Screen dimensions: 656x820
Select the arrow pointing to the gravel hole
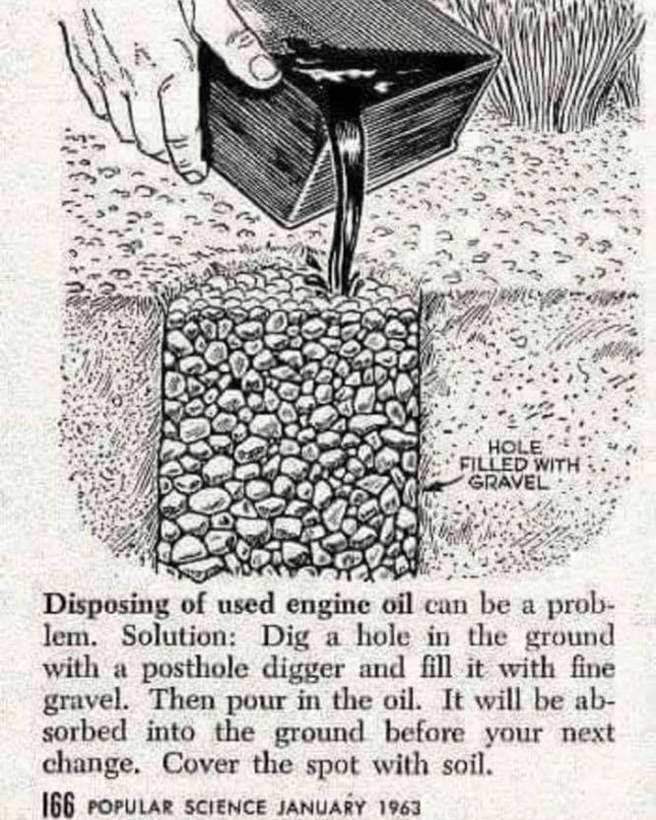pos(441,485)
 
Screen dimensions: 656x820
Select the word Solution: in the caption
pos(180,637)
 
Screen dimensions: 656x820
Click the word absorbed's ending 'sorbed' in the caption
pos(85,733)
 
